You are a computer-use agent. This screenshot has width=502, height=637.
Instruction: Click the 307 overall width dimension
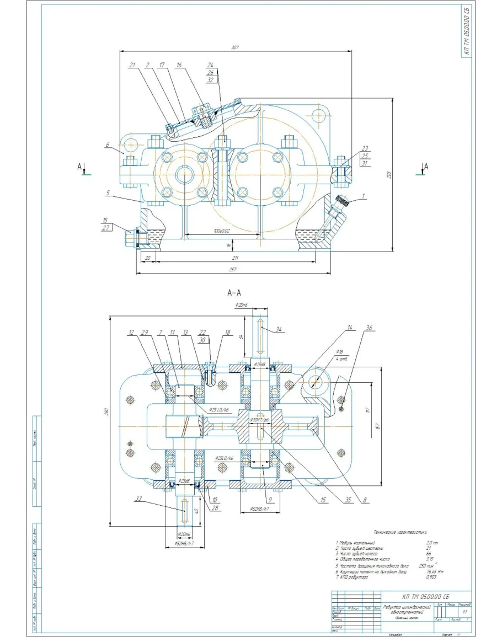(x=235, y=48)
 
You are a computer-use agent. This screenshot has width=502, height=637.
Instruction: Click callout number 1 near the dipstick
(x=364, y=195)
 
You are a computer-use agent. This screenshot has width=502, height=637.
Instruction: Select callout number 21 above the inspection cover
(x=132, y=65)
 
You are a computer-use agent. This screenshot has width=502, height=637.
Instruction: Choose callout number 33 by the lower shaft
(x=138, y=498)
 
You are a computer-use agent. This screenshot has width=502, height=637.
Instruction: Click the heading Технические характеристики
(x=400, y=532)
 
